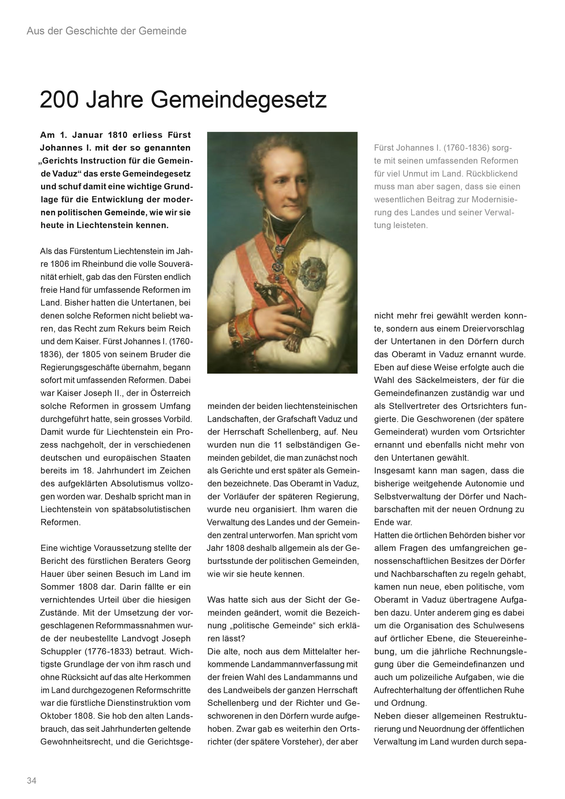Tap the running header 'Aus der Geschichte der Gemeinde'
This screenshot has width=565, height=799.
107,31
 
